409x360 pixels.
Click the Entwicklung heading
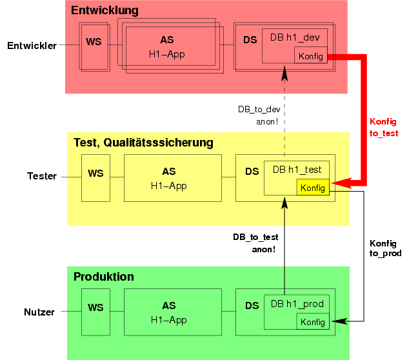105,11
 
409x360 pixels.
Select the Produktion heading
104,277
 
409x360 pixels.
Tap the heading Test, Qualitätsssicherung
143,143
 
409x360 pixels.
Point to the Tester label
42,175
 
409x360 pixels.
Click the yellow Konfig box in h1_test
313,188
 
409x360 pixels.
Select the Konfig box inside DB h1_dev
310,56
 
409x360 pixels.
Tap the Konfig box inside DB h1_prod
313,322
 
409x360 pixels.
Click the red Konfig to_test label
383,128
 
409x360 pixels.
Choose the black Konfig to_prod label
385,248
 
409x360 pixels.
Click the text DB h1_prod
296,303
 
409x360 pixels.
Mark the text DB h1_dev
294,37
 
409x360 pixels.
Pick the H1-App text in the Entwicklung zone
166,54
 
